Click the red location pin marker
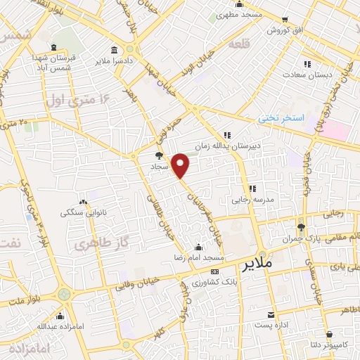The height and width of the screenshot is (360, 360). pyautogui.click(x=181, y=166)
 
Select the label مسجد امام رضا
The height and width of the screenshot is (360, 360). pyautogui.click(x=199, y=258)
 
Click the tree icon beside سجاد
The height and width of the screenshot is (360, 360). pyautogui.click(x=160, y=155)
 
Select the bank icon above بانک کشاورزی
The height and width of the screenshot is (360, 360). pyautogui.click(x=214, y=271)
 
